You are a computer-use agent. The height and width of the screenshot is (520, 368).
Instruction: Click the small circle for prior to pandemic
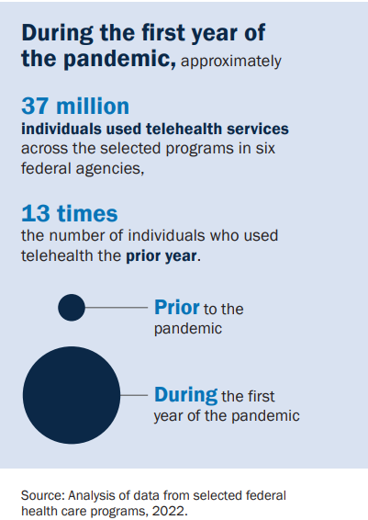(x=72, y=308)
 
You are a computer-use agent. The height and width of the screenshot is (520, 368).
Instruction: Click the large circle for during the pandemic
(x=72, y=395)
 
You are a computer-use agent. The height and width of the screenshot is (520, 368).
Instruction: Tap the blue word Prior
(x=177, y=308)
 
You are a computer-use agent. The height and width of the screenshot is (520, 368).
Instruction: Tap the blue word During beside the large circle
(x=185, y=395)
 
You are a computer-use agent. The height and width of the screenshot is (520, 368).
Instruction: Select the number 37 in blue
(x=35, y=107)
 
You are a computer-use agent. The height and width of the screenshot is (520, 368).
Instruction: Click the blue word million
(x=93, y=107)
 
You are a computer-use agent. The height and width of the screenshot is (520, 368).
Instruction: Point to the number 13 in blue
(x=36, y=213)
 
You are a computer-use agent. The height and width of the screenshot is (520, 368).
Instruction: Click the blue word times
(x=87, y=213)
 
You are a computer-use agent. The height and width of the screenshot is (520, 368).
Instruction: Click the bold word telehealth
(x=184, y=129)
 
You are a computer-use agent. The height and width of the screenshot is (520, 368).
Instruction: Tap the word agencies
(x=109, y=169)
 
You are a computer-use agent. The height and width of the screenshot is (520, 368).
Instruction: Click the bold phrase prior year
(x=162, y=256)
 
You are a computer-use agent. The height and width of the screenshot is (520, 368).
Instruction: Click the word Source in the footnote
(x=43, y=495)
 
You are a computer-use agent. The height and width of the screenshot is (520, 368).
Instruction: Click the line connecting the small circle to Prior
(x=117, y=308)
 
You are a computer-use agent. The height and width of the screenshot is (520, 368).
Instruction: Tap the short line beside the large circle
(x=134, y=395)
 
